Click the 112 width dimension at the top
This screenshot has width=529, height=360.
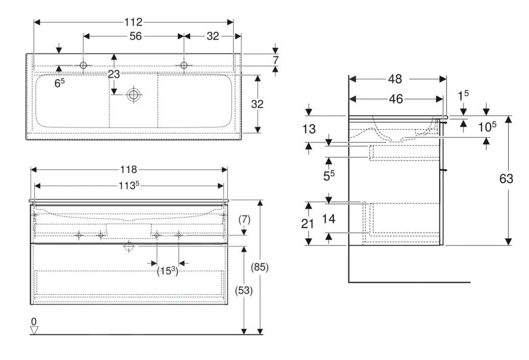coord(134,22)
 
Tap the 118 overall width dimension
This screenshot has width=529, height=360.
coord(129,170)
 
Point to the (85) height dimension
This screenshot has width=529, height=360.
coord(260,267)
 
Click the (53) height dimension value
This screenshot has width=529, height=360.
coord(244,291)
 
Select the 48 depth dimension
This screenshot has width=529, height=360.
coord(395,79)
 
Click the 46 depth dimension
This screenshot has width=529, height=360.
coord(396,99)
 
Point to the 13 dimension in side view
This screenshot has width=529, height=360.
coord(310,129)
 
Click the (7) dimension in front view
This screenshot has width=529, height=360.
coord(244,220)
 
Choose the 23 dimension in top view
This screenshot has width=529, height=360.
coord(114,74)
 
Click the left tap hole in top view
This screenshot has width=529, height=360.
coord(84,65)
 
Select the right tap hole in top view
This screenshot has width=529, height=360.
coord(184,65)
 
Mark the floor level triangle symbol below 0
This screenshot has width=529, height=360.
coord(34,330)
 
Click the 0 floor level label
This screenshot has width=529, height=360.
coord(34,321)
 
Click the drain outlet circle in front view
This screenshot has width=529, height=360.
coord(129,246)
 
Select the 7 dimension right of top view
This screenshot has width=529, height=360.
coord(275,60)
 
